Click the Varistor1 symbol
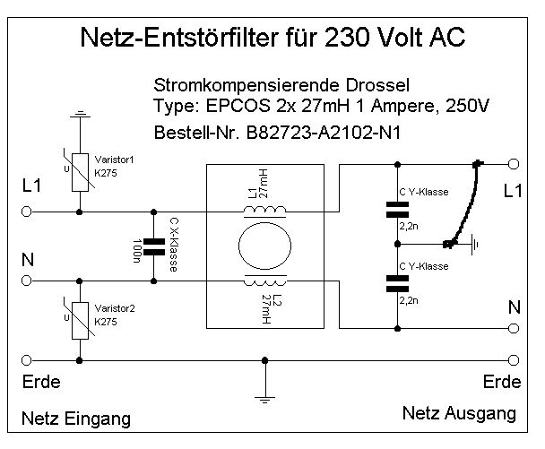pyautogui.click(x=81, y=169)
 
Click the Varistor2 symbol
pyautogui.click(x=81, y=317)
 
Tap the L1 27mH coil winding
pyautogui.click(x=265, y=211)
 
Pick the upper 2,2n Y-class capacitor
pyautogui.click(x=395, y=212)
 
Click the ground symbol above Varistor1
pyautogui.click(x=81, y=115)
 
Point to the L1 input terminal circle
pyautogui.click(x=26, y=212)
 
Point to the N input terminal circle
pyautogui.click(x=26, y=281)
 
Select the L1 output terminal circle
pyautogui.click(x=513, y=164)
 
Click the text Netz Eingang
pyautogui.click(x=77, y=419)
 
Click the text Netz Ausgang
pyautogui.click(x=459, y=414)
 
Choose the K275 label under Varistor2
pyautogui.click(x=107, y=321)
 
